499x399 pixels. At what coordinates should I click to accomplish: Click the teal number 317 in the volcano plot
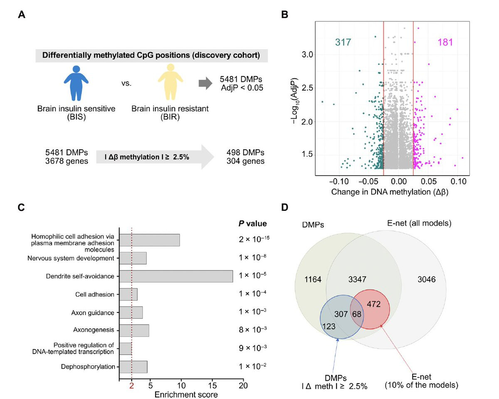click(x=343, y=42)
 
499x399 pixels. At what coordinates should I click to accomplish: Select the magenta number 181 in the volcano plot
click(x=445, y=42)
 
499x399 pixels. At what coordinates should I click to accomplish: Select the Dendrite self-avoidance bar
click(x=176, y=276)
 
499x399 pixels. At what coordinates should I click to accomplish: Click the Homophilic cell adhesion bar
click(x=150, y=240)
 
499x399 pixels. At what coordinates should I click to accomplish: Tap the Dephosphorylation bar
click(x=133, y=367)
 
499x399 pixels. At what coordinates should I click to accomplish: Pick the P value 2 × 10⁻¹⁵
click(x=255, y=240)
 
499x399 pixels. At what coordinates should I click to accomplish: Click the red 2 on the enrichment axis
click(x=131, y=385)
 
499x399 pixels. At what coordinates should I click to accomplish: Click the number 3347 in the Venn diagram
click(x=357, y=279)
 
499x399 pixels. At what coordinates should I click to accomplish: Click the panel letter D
click(x=285, y=207)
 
